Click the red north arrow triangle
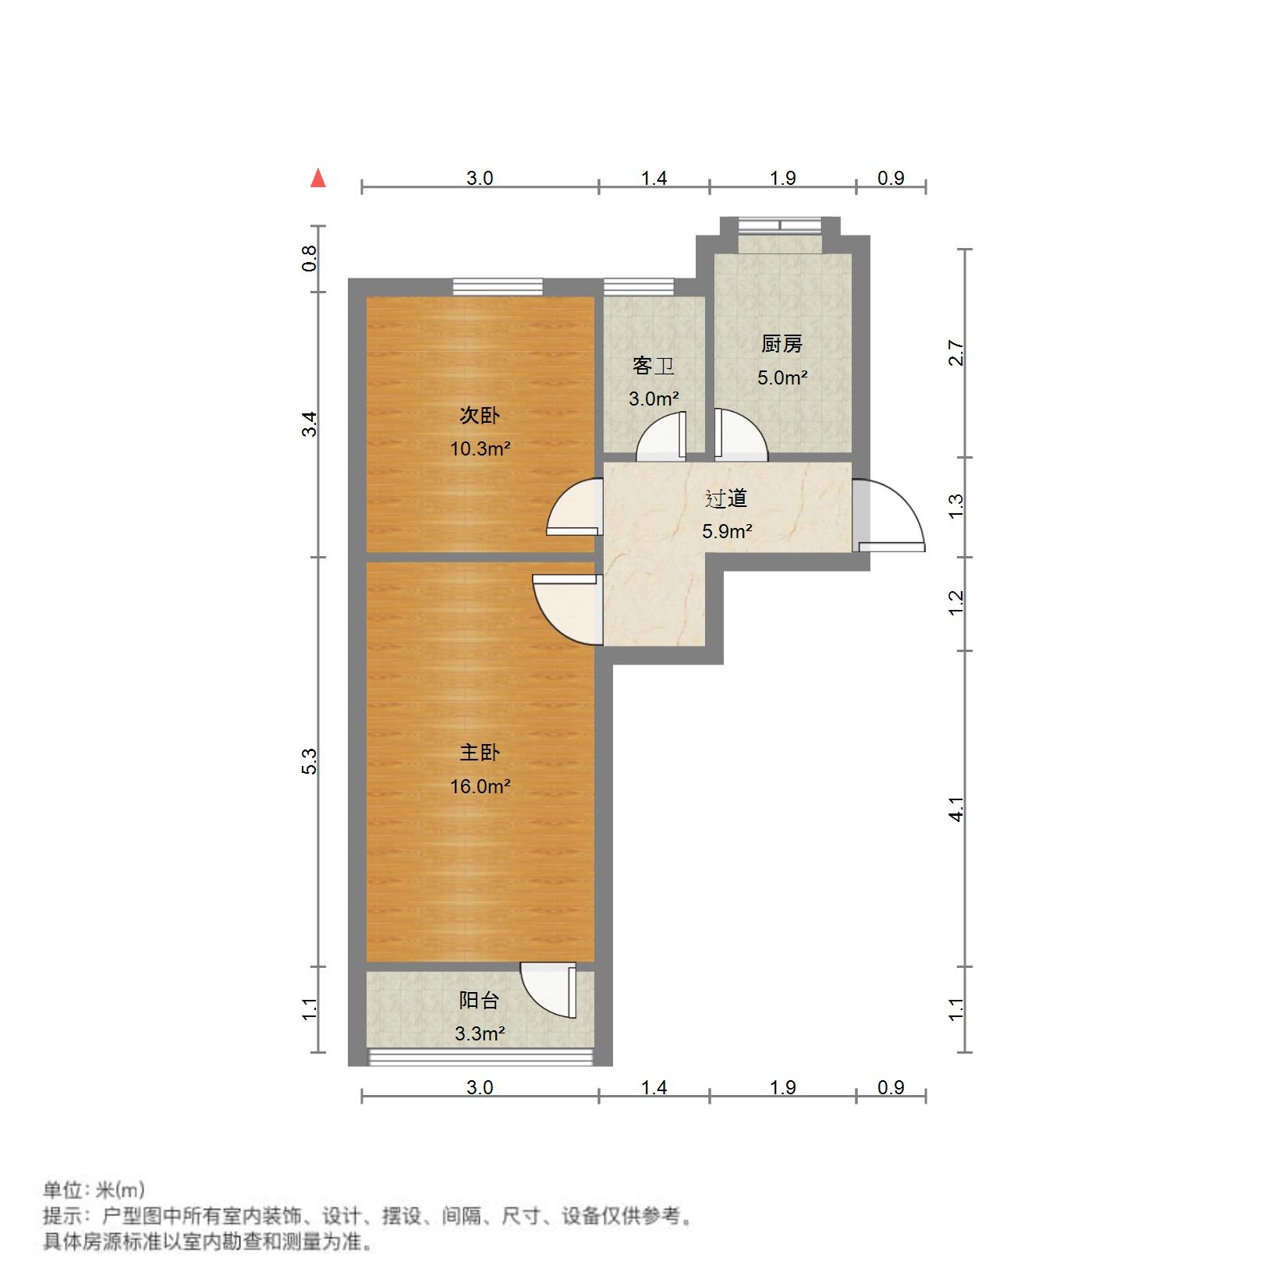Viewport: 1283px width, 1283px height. pyautogui.click(x=317, y=179)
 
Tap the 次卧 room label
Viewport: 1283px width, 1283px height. pyautogui.click(x=479, y=416)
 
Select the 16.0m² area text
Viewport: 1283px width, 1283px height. pyautogui.click(x=480, y=786)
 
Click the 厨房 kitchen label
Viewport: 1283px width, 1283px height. pyautogui.click(x=781, y=344)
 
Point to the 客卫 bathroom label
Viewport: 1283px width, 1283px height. pyautogui.click(x=654, y=366)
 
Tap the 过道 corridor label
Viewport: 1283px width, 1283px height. pyautogui.click(x=726, y=498)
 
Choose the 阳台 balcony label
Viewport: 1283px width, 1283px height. pyautogui.click(x=479, y=1001)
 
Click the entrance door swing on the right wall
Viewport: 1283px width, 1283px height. pyautogui.click(x=891, y=516)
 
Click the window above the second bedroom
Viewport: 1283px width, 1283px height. pyautogui.click(x=498, y=286)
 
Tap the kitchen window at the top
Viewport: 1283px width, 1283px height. pyautogui.click(x=781, y=225)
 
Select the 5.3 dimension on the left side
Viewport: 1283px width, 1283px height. pyautogui.click(x=310, y=761)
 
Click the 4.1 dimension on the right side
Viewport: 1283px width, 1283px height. pyautogui.click(x=957, y=809)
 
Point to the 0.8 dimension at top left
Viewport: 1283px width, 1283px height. pyautogui.click(x=310, y=258)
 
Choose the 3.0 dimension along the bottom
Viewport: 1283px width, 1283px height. pyautogui.click(x=480, y=1087)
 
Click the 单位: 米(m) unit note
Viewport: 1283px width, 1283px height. pyautogui.click(x=94, y=1190)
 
